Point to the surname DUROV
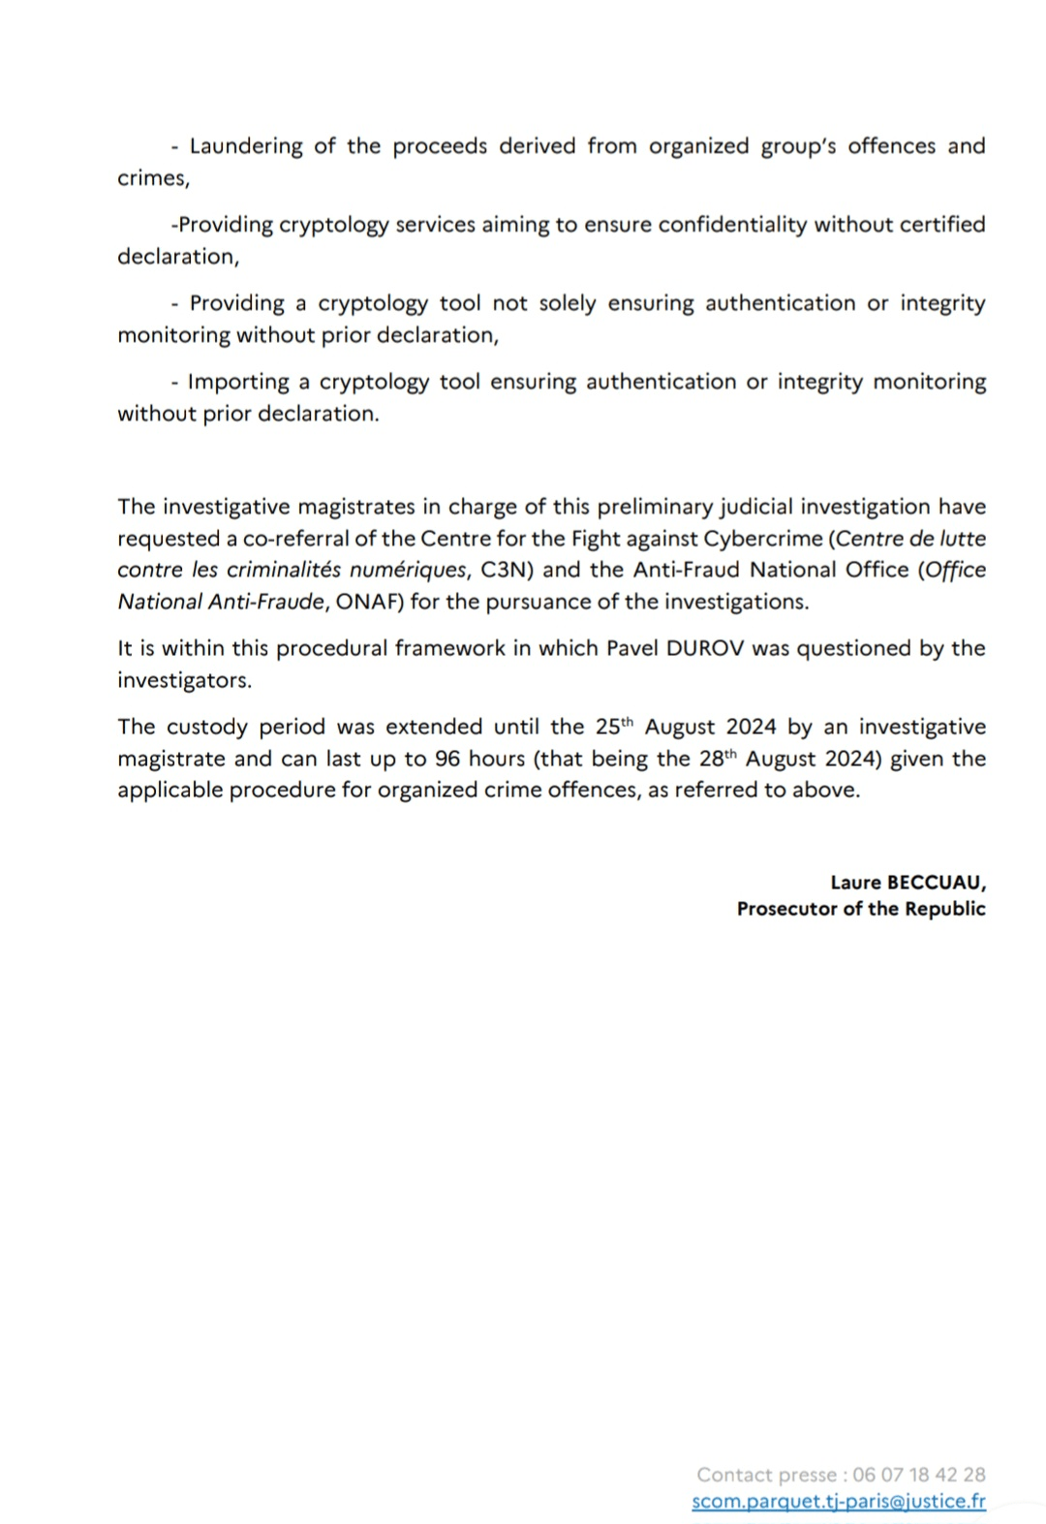click(705, 648)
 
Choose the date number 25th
click(614, 727)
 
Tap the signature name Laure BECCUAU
click(908, 883)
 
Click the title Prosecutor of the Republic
click(861, 909)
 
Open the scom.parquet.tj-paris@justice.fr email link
click(839, 1502)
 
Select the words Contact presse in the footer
click(766, 1475)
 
